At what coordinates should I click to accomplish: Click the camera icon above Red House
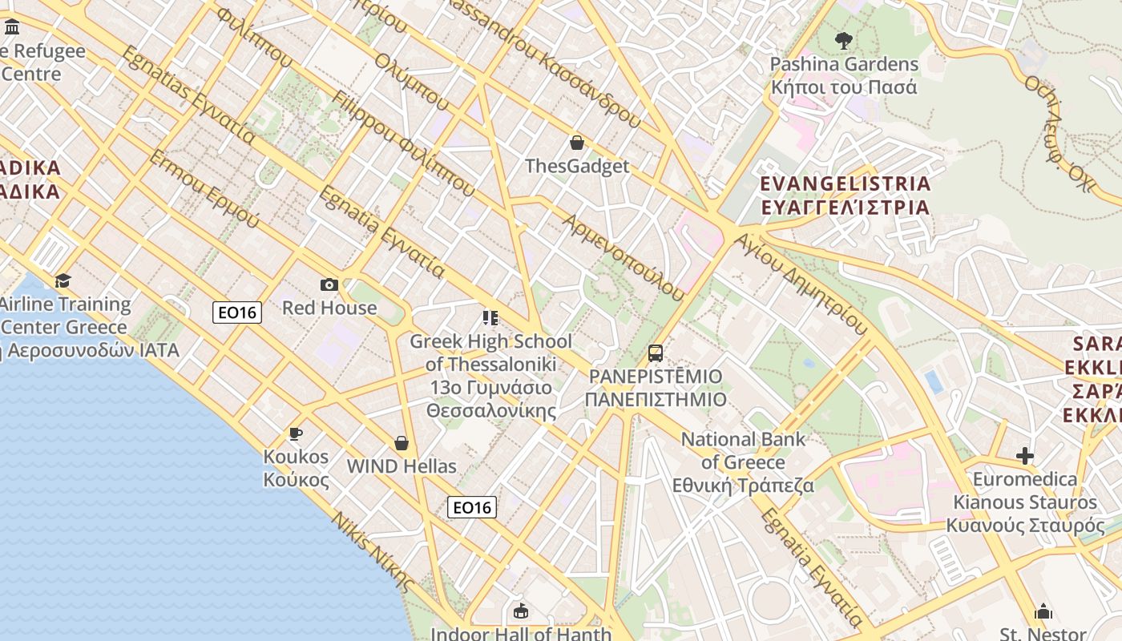pos(329,284)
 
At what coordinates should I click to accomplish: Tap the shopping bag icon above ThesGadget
pos(576,143)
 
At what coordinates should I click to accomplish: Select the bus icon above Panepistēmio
pos(655,353)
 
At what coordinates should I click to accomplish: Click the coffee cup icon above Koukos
pos(296,433)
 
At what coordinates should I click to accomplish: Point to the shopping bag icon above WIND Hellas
pos(402,443)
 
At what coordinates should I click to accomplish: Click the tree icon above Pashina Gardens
pos(843,40)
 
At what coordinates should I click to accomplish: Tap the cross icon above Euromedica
pos(1024,456)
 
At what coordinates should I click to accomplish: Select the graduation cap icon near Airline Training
pos(63,280)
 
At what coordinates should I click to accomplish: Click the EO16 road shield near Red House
pos(238,312)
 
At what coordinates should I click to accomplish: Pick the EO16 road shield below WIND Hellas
pos(472,507)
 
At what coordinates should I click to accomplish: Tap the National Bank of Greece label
pos(743,462)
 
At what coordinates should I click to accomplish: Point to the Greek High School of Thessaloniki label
pos(490,376)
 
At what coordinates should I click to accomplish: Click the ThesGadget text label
pos(577,167)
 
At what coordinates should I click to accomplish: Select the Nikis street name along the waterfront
pos(374,552)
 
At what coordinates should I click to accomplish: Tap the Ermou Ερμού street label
pos(204,188)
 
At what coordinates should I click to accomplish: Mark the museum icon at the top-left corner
pos(12,28)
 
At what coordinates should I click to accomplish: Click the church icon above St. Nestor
pos(1043,611)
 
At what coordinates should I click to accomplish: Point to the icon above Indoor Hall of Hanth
pos(521,611)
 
